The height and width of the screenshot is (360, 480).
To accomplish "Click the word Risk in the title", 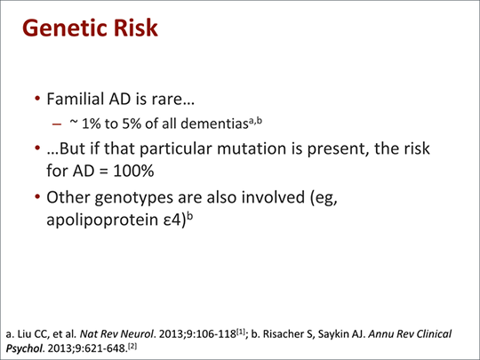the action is click(x=136, y=28).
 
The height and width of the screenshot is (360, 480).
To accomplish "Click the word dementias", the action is click(x=214, y=124).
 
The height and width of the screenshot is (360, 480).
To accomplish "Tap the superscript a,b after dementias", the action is click(x=255, y=121).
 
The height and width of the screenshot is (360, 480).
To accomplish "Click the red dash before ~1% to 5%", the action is click(x=57, y=124).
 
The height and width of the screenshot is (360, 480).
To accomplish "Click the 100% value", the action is click(x=133, y=171).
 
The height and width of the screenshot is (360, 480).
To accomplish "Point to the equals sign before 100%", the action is click(x=104, y=172).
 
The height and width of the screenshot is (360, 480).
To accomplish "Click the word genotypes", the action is click(x=133, y=198).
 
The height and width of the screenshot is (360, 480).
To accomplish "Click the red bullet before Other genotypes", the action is click(x=37, y=196).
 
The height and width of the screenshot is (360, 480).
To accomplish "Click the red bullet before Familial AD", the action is click(x=37, y=99).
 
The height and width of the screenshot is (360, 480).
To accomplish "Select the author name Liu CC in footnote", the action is click(x=31, y=334).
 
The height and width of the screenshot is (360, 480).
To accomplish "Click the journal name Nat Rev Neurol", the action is click(x=116, y=334).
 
